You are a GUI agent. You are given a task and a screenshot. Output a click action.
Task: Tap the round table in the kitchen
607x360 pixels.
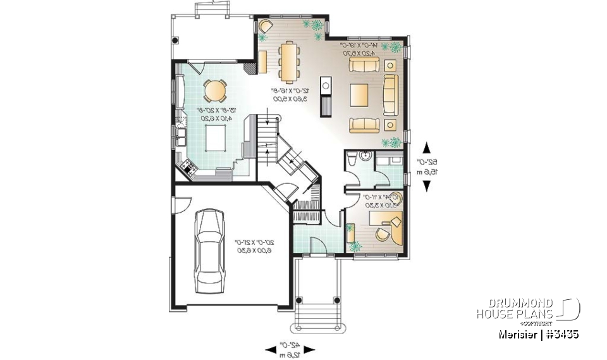pyautogui.click(x=215, y=90)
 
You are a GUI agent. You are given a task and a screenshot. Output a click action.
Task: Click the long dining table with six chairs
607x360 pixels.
pyautogui.click(x=290, y=61)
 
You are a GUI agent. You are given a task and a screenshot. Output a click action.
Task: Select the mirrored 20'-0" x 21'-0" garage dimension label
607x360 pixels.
pyautogui.click(x=255, y=246)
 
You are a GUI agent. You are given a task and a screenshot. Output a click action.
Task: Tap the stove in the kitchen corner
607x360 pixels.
pyautogui.click(x=188, y=167)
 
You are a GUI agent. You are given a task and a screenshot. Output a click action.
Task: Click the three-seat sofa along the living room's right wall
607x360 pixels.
pyautogui.click(x=390, y=94)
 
